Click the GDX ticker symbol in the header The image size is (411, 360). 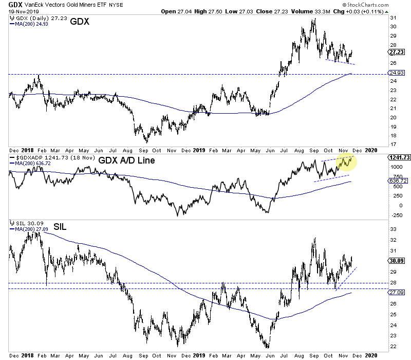[x=8, y=4]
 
